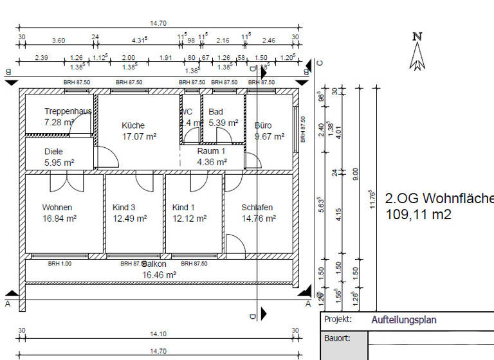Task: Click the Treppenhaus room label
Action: tap(68, 111)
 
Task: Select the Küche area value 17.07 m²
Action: tap(139, 136)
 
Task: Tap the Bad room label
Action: tap(216, 112)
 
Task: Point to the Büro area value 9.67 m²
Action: tap(270, 136)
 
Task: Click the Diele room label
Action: tap(53, 152)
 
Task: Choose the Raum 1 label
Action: tap(211, 151)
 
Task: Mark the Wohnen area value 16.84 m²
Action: tap(59, 219)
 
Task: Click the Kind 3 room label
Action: tap(124, 208)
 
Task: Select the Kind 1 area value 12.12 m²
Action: tap(189, 219)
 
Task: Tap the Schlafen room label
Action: tap(257, 208)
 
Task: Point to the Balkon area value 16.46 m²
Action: tap(160, 274)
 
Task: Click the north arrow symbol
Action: tap(417, 51)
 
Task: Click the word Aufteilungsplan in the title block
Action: tap(404, 319)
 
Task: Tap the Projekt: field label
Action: tap(338, 319)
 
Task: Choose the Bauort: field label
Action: tap(338, 338)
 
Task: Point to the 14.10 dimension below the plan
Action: tap(158, 334)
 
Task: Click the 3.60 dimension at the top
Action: tap(59, 40)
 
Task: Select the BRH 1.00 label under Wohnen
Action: tap(60, 264)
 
